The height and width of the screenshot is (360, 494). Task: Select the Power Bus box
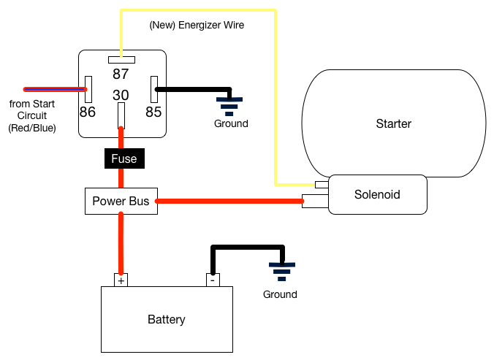(x=121, y=201)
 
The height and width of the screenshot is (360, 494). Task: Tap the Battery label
(x=167, y=319)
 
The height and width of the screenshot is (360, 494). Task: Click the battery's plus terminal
(x=121, y=280)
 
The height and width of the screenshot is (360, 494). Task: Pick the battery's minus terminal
(x=212, y=280)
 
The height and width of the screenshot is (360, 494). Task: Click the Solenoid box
(x=377, y=194)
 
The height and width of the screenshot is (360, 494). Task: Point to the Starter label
(x=393, y=123)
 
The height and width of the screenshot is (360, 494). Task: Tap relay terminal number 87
(x=121, y=60)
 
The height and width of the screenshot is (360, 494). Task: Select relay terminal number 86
(x=88, y=89)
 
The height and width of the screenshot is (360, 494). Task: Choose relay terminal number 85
(x=154, y=89)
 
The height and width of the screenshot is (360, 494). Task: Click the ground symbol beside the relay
(x=230, y=106)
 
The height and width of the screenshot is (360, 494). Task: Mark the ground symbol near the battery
(x=281, y=272)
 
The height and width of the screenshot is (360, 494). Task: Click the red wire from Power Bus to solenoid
(x=230, y=201)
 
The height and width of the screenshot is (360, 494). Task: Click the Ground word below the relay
(x=231, y=123)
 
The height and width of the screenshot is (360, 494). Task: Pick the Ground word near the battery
(x=281, y=294)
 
